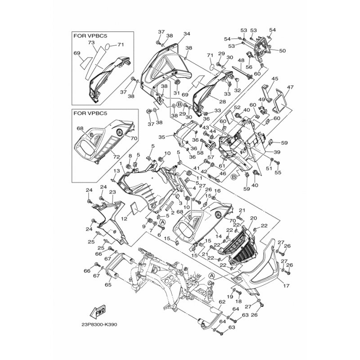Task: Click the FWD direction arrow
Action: [98, 312]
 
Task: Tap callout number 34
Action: [187, 34]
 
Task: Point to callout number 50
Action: [283, 50]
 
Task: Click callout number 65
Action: [108, 285]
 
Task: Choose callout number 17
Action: [286, 286]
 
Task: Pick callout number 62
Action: [222, 301]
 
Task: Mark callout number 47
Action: [290, 87]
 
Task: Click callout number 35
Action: [162, 137]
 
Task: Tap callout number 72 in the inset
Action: [117, 157]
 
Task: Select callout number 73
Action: [91, 42]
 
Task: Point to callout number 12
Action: [124, 219]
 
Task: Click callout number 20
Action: [253, 218]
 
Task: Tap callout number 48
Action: [241, 61]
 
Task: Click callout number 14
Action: [218, 236]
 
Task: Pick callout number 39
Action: [277, 152]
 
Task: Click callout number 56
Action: [249, 67]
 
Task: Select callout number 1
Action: [120, 164]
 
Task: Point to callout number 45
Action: [274, 79]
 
